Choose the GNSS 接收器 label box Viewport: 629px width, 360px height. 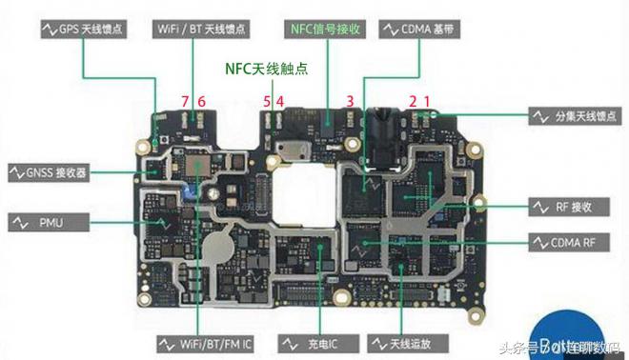[49, 172]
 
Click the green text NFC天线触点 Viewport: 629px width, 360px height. [266, 70]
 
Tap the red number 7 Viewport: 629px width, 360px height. [185, 101]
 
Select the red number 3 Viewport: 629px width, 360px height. [350, 101]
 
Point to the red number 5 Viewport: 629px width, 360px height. [267, 101]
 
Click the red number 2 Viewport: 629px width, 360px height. [413, 101]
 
